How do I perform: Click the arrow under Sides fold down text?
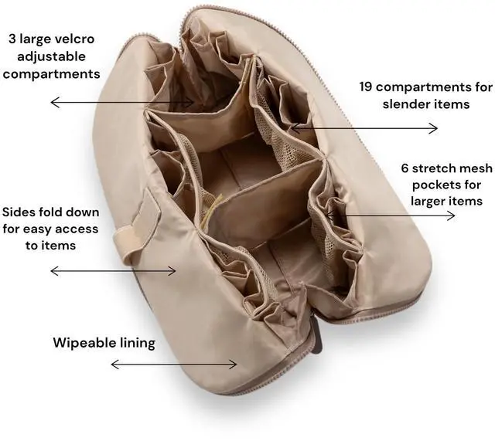pyautogui.click(x=113, y=270)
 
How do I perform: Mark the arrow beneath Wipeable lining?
pyautogui.click(x=174, y=364)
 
